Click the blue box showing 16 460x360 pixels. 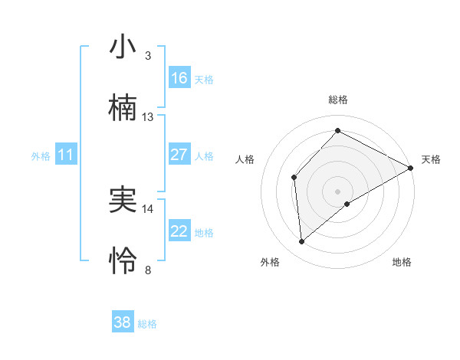(179, 77)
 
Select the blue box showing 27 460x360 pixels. (179, 155)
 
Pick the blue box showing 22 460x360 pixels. (179, 231)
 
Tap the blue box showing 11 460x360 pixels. (66, 155)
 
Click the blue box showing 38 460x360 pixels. (123, 322)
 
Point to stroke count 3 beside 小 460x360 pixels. (148, 55)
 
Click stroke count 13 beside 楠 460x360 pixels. (148, 117)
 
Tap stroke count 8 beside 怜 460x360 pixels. (148, 270)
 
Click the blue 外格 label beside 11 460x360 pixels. (41, 155)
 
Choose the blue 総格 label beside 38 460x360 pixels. (147, 323)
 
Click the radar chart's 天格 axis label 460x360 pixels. (431, 159)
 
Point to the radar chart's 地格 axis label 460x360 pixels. (402, 262)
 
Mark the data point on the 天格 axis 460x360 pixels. (411, 168)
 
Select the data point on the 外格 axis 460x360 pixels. (302, 242)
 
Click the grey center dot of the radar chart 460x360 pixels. (337, 191)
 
